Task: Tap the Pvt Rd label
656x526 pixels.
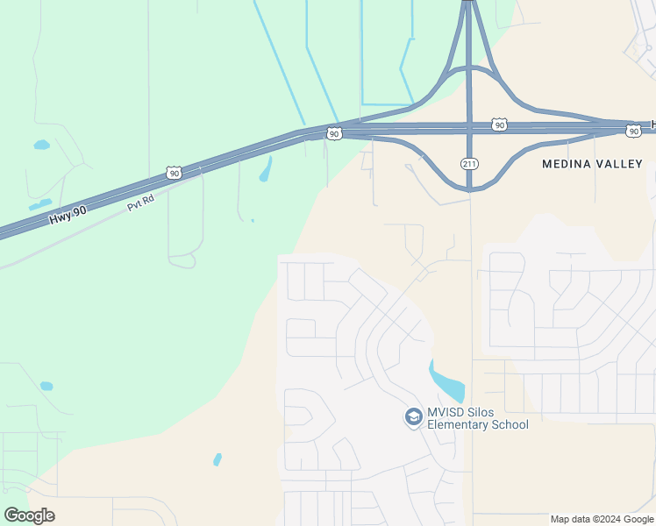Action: point(140,202)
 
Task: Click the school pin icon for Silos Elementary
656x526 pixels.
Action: point(413,417)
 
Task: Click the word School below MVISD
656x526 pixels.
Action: point(510,425)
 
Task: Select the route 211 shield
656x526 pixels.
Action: point(469,163)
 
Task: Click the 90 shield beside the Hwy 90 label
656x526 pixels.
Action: point(175,174)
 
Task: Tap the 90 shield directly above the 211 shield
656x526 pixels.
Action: point(499,125)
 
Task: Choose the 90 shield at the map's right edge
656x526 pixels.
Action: point(633,131)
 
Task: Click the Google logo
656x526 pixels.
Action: point(29,515)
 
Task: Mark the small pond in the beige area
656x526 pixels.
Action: point(217,459)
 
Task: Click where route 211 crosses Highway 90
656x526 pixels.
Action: point(469,128)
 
